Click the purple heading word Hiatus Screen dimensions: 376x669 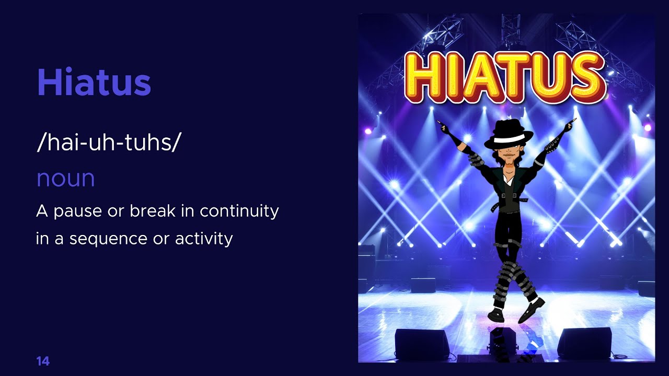94,83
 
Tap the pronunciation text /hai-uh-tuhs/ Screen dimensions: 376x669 109,143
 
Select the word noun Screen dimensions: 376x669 65,179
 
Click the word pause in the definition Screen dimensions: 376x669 77,211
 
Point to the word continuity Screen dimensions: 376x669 239,211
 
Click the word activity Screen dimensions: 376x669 204,239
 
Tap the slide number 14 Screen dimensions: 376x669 43,361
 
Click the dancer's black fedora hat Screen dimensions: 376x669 508,133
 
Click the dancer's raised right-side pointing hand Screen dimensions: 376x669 569,125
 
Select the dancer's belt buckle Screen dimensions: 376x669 505,196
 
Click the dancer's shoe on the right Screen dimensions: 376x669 532,310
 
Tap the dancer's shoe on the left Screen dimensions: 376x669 495,315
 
